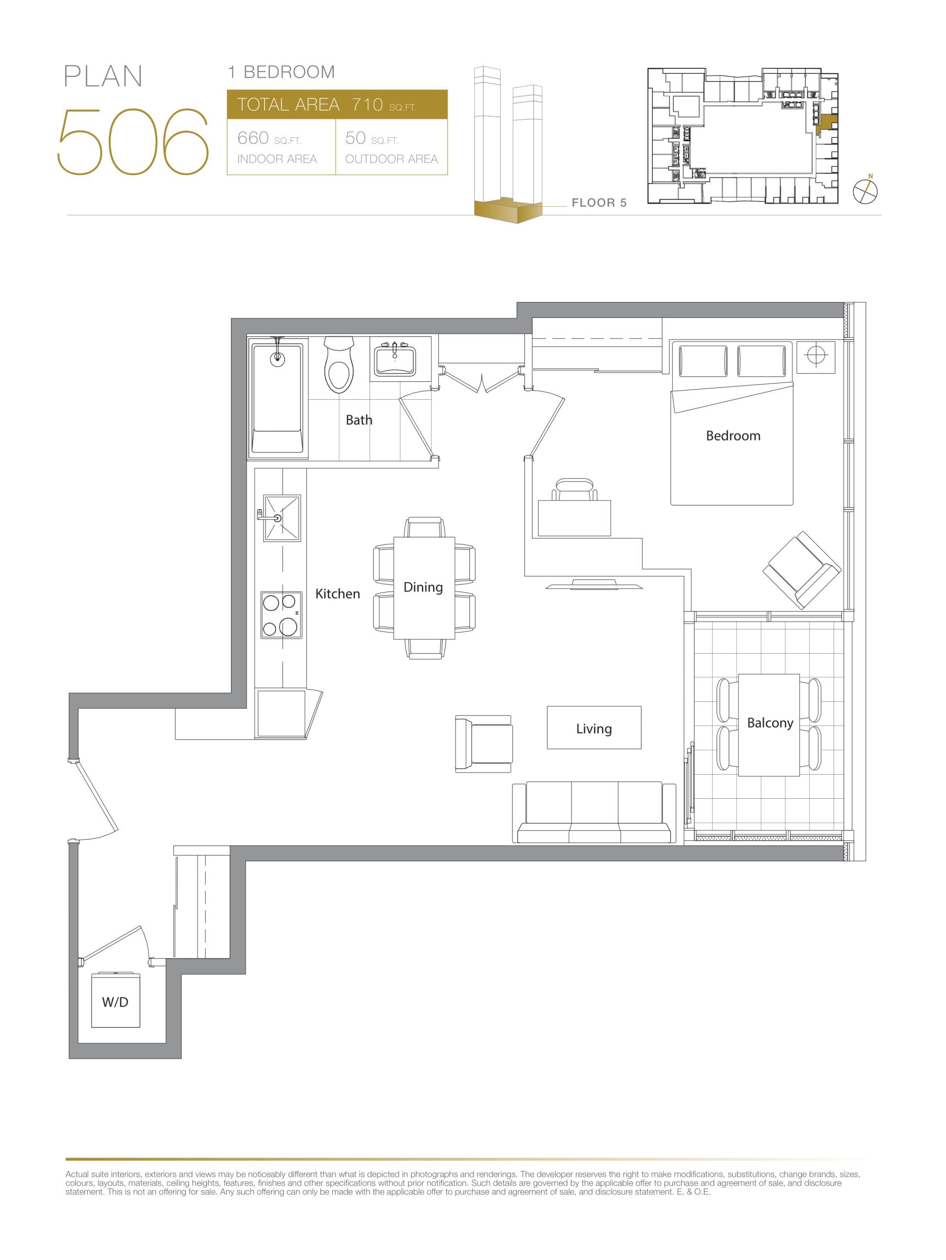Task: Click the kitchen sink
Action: pos(282,518)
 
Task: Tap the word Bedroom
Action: pos(732,436)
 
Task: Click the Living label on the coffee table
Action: pos(593,728)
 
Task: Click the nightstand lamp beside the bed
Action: pos(816,355)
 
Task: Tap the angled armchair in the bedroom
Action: pos(802,569)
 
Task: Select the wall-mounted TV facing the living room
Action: pos(594,584)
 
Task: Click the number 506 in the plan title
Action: pos(133,142)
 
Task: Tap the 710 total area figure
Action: pos(367,105)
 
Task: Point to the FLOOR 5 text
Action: pos(598,203)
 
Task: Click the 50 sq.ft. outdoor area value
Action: pos(355,138)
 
